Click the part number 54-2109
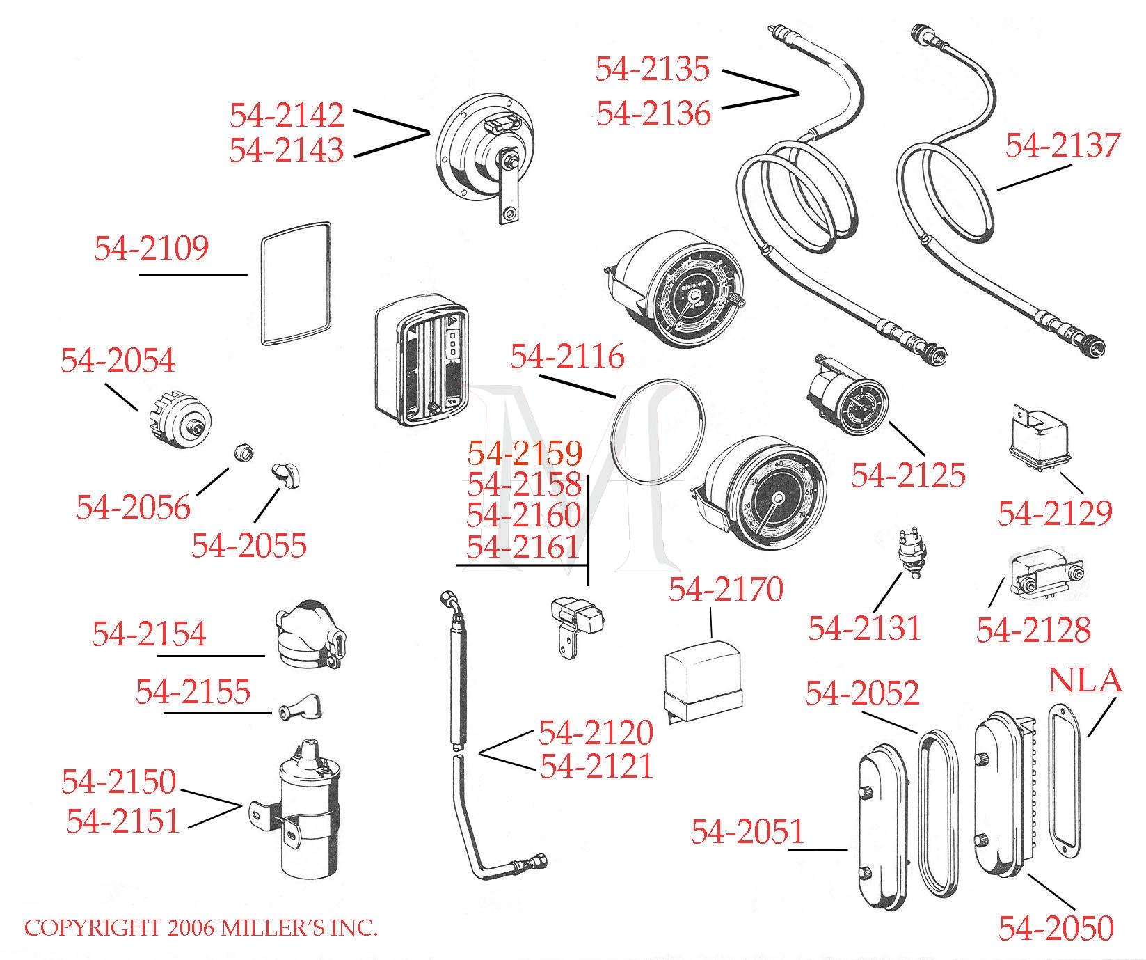click(x=151, y=249)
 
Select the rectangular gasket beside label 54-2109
click(x=296, y=283)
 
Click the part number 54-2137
click(x=1063, y=145)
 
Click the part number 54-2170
click(x=726, y=590)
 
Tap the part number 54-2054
click(x=118, y=360)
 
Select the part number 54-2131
click(x=864, y=629)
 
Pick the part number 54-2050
click(x=1056, y=927)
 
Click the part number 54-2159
click(x=524, y=453)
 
